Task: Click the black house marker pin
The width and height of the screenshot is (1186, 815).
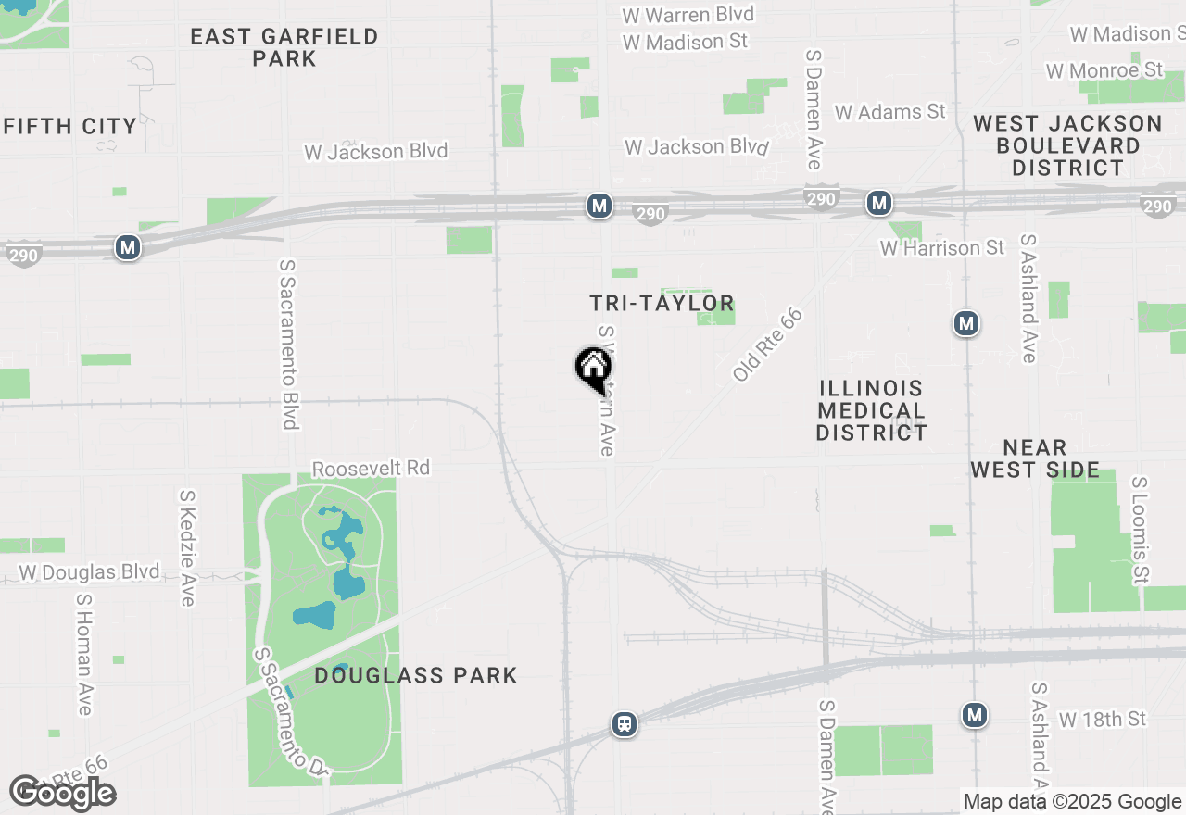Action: pos(593,368)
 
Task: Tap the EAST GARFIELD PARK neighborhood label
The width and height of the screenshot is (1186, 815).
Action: pos(284,47)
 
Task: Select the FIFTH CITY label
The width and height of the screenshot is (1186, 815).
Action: pos(70,126)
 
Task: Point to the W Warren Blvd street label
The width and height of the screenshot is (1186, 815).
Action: pos(688,15)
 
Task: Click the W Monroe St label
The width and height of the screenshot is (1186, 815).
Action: pos(1104,70)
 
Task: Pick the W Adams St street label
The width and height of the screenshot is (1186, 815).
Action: pos(889,112)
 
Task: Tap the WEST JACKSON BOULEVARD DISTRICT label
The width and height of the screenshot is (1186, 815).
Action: pos(1067,145)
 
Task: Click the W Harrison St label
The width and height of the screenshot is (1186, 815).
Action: pos(941,248)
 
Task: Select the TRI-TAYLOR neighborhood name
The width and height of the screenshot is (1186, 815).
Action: pos(662,303)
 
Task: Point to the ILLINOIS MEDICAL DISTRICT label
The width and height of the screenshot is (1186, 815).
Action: pos(871,410)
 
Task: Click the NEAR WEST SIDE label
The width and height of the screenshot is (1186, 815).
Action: pos(1035,458)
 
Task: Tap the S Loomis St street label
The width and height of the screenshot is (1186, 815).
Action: pos(1140,530)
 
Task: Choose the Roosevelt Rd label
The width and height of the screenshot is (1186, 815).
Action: pos(371,468)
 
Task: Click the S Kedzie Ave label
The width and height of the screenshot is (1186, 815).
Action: pos(187,547)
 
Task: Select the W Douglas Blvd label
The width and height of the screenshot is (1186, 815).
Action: pos(89,572)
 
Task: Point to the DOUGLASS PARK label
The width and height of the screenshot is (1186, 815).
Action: pos(415,675)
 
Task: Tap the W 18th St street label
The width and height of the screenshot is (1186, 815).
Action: pos(1103,719)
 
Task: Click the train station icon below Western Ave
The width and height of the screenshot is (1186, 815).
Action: pos(625,723)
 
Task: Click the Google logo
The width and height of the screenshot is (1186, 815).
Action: pos(62,793)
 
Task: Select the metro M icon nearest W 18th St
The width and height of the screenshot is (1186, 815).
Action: pos(974,715)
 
